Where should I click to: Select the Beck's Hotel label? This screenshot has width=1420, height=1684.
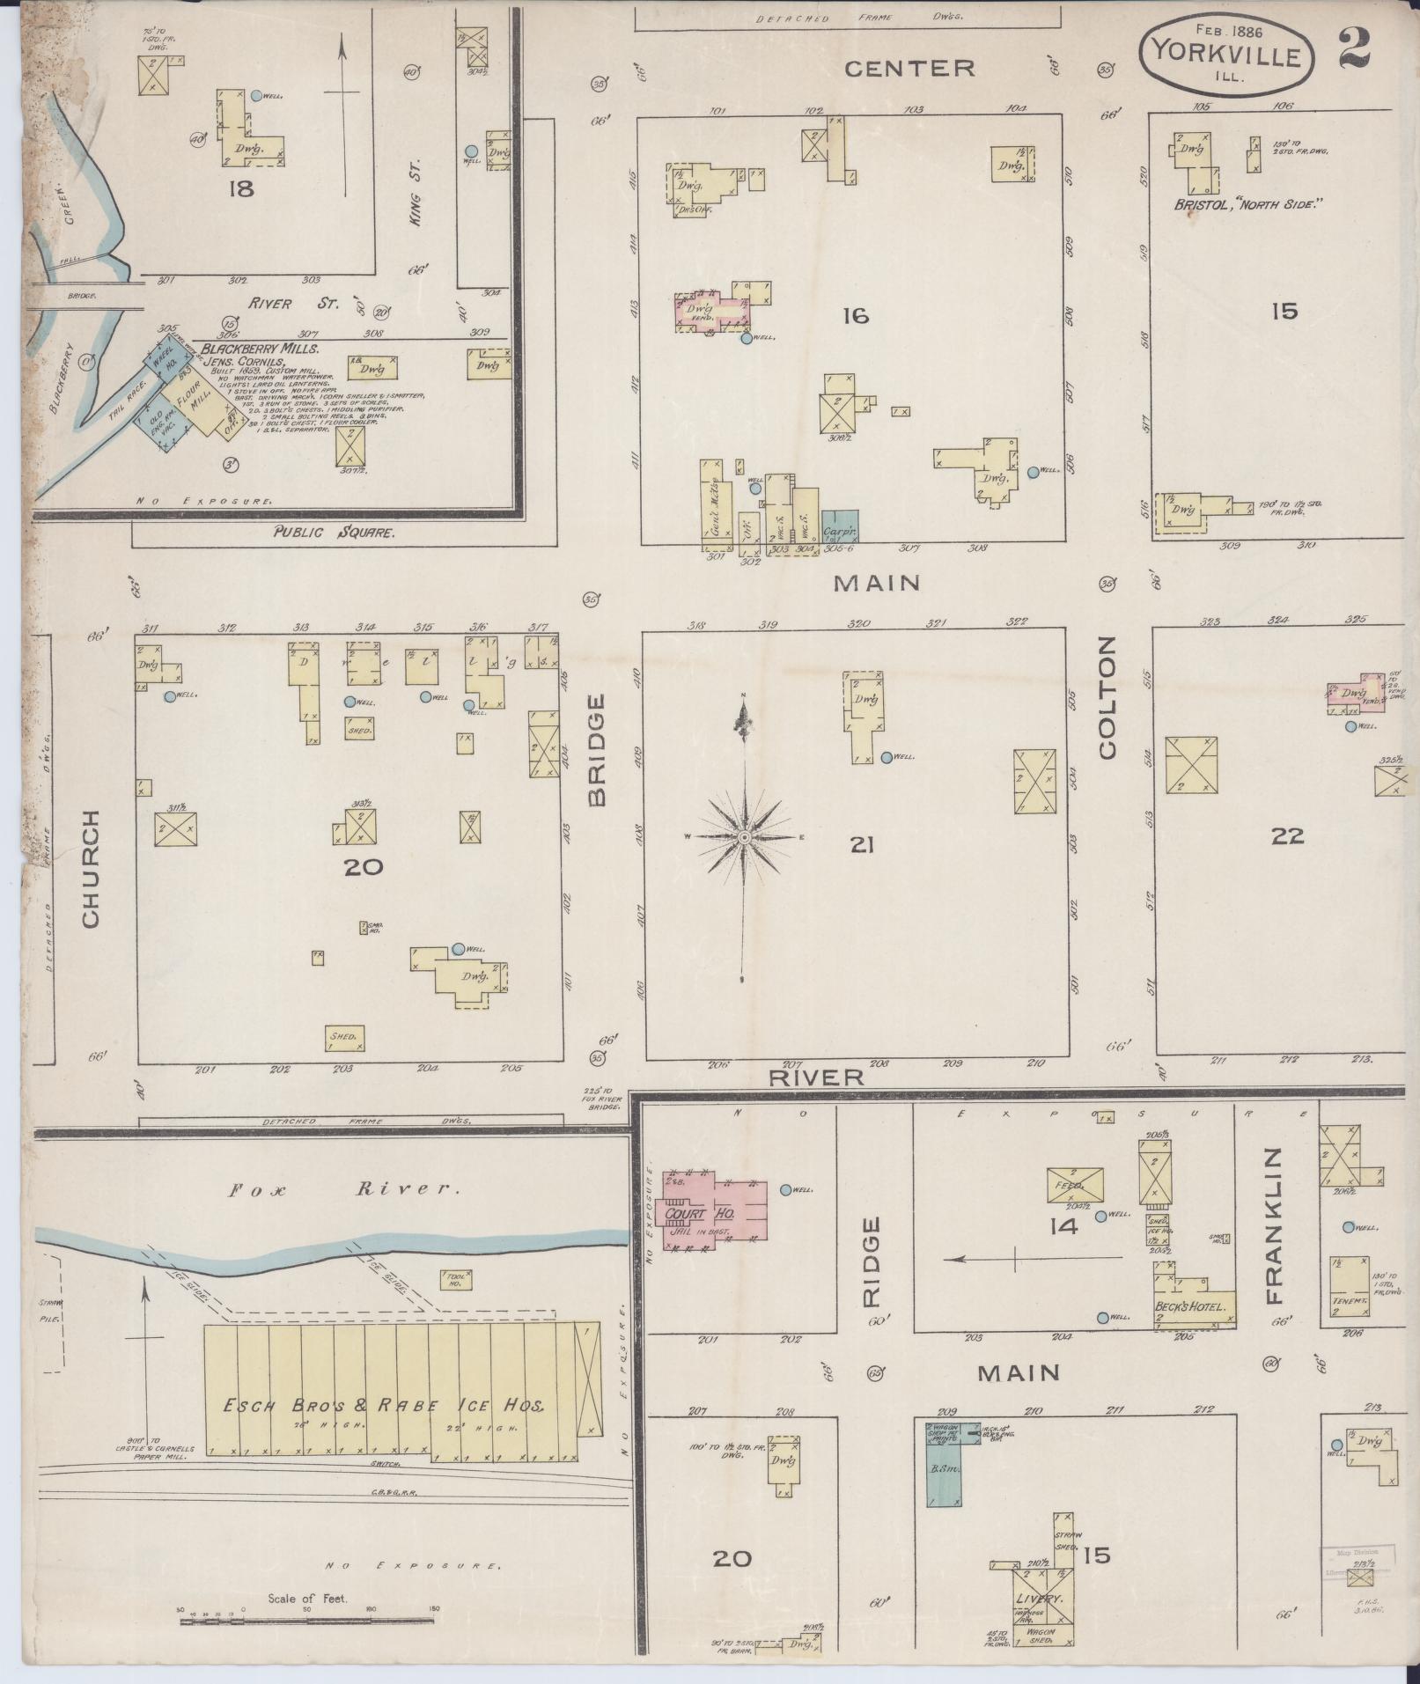pos(1195,1307)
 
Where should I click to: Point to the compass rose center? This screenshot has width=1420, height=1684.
pos(744,837)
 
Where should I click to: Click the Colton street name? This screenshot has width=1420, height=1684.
pos(1107,697)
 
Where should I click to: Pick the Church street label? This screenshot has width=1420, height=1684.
pos(91,868)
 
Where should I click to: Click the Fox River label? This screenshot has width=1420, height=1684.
pos(344,1189)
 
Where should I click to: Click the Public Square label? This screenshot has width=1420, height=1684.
pos(334,533)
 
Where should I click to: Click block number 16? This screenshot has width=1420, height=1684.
pos(855,314)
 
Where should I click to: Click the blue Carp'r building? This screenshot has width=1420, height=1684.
pos(840,526)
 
